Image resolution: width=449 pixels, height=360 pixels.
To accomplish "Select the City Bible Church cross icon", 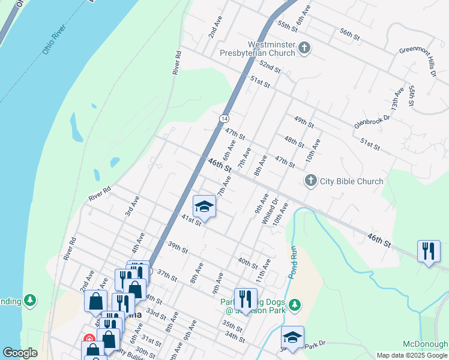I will (x=310, y=181).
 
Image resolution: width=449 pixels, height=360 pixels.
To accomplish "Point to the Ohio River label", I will (x=53, y=40).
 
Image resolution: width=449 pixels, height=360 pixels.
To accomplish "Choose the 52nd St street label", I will (x=270, y=66).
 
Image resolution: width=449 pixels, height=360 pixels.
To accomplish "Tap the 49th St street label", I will (x=304, y=123).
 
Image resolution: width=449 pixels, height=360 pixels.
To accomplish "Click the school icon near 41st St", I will (x=204, y=207).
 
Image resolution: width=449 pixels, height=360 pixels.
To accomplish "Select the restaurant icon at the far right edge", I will (x=429, y=251).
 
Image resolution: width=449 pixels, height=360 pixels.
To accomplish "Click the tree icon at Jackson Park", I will (x=294, y=305).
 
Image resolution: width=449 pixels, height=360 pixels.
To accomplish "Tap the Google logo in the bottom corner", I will (x=20, y=353).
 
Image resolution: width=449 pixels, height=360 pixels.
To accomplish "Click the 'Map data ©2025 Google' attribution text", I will (x=412, y=355).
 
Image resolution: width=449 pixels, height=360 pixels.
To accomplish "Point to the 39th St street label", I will (x=178, y=247).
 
